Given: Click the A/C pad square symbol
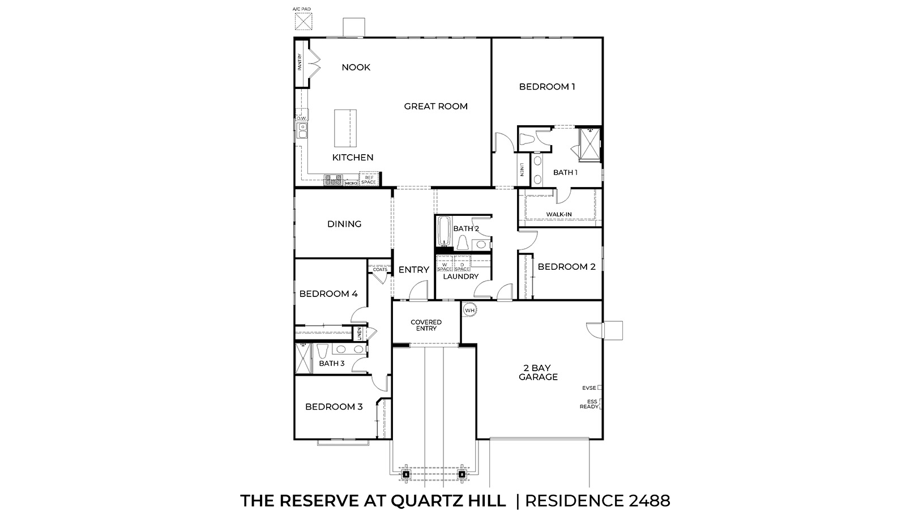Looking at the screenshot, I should pyautogui.click(x=304, y=21).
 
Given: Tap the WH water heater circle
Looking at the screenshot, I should pyautogui.click(x=469, y=310).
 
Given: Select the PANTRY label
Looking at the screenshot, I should pyautogui.click(x=300, y=62).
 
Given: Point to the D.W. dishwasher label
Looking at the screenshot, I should pyautogui.click(x=301, y=118).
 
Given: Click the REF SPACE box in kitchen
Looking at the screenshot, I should pyautogui.click(x=369, y=180).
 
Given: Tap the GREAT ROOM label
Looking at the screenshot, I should pyautogui.click(x=435, y=106).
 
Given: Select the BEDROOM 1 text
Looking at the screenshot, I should pyautogui.click(x=547, y=87).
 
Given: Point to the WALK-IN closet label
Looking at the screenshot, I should pyautogui.click(x=559, y=214).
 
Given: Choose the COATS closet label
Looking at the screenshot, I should pyautogui.click(x=380, y=269).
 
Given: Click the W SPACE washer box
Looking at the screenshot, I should pyautogui.click(x=445, y=266).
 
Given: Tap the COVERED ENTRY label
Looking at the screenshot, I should pyautogui.click(x=426, y=325).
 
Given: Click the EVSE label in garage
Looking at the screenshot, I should pyautogui.click(x=589, y=388).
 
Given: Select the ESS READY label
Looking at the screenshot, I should pyautogui.click(x=589, y=404).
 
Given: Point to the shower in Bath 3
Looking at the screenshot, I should pyautogui.click(x=304, y=359).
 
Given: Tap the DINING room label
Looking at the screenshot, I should pyautogui.click(x=344, y=224).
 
